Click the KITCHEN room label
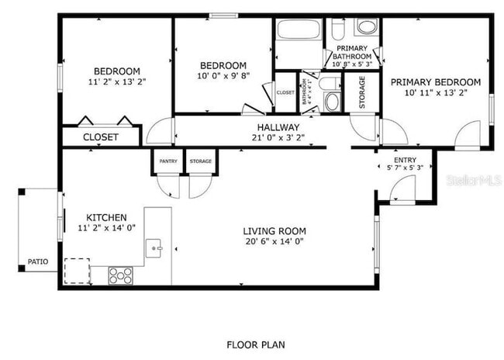[106, 217]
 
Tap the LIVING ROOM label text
[274, 230]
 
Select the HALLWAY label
[278, 127]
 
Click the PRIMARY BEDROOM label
[435, 81]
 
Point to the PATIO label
[37, 262]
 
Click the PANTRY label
[168, 161]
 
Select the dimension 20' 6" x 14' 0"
[274, 241]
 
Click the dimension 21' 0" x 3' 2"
[278, 137]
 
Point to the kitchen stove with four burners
[120, 274]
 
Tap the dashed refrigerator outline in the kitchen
[76, 271]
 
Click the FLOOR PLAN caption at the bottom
[254, 343]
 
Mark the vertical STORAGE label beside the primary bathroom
[362, 92]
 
